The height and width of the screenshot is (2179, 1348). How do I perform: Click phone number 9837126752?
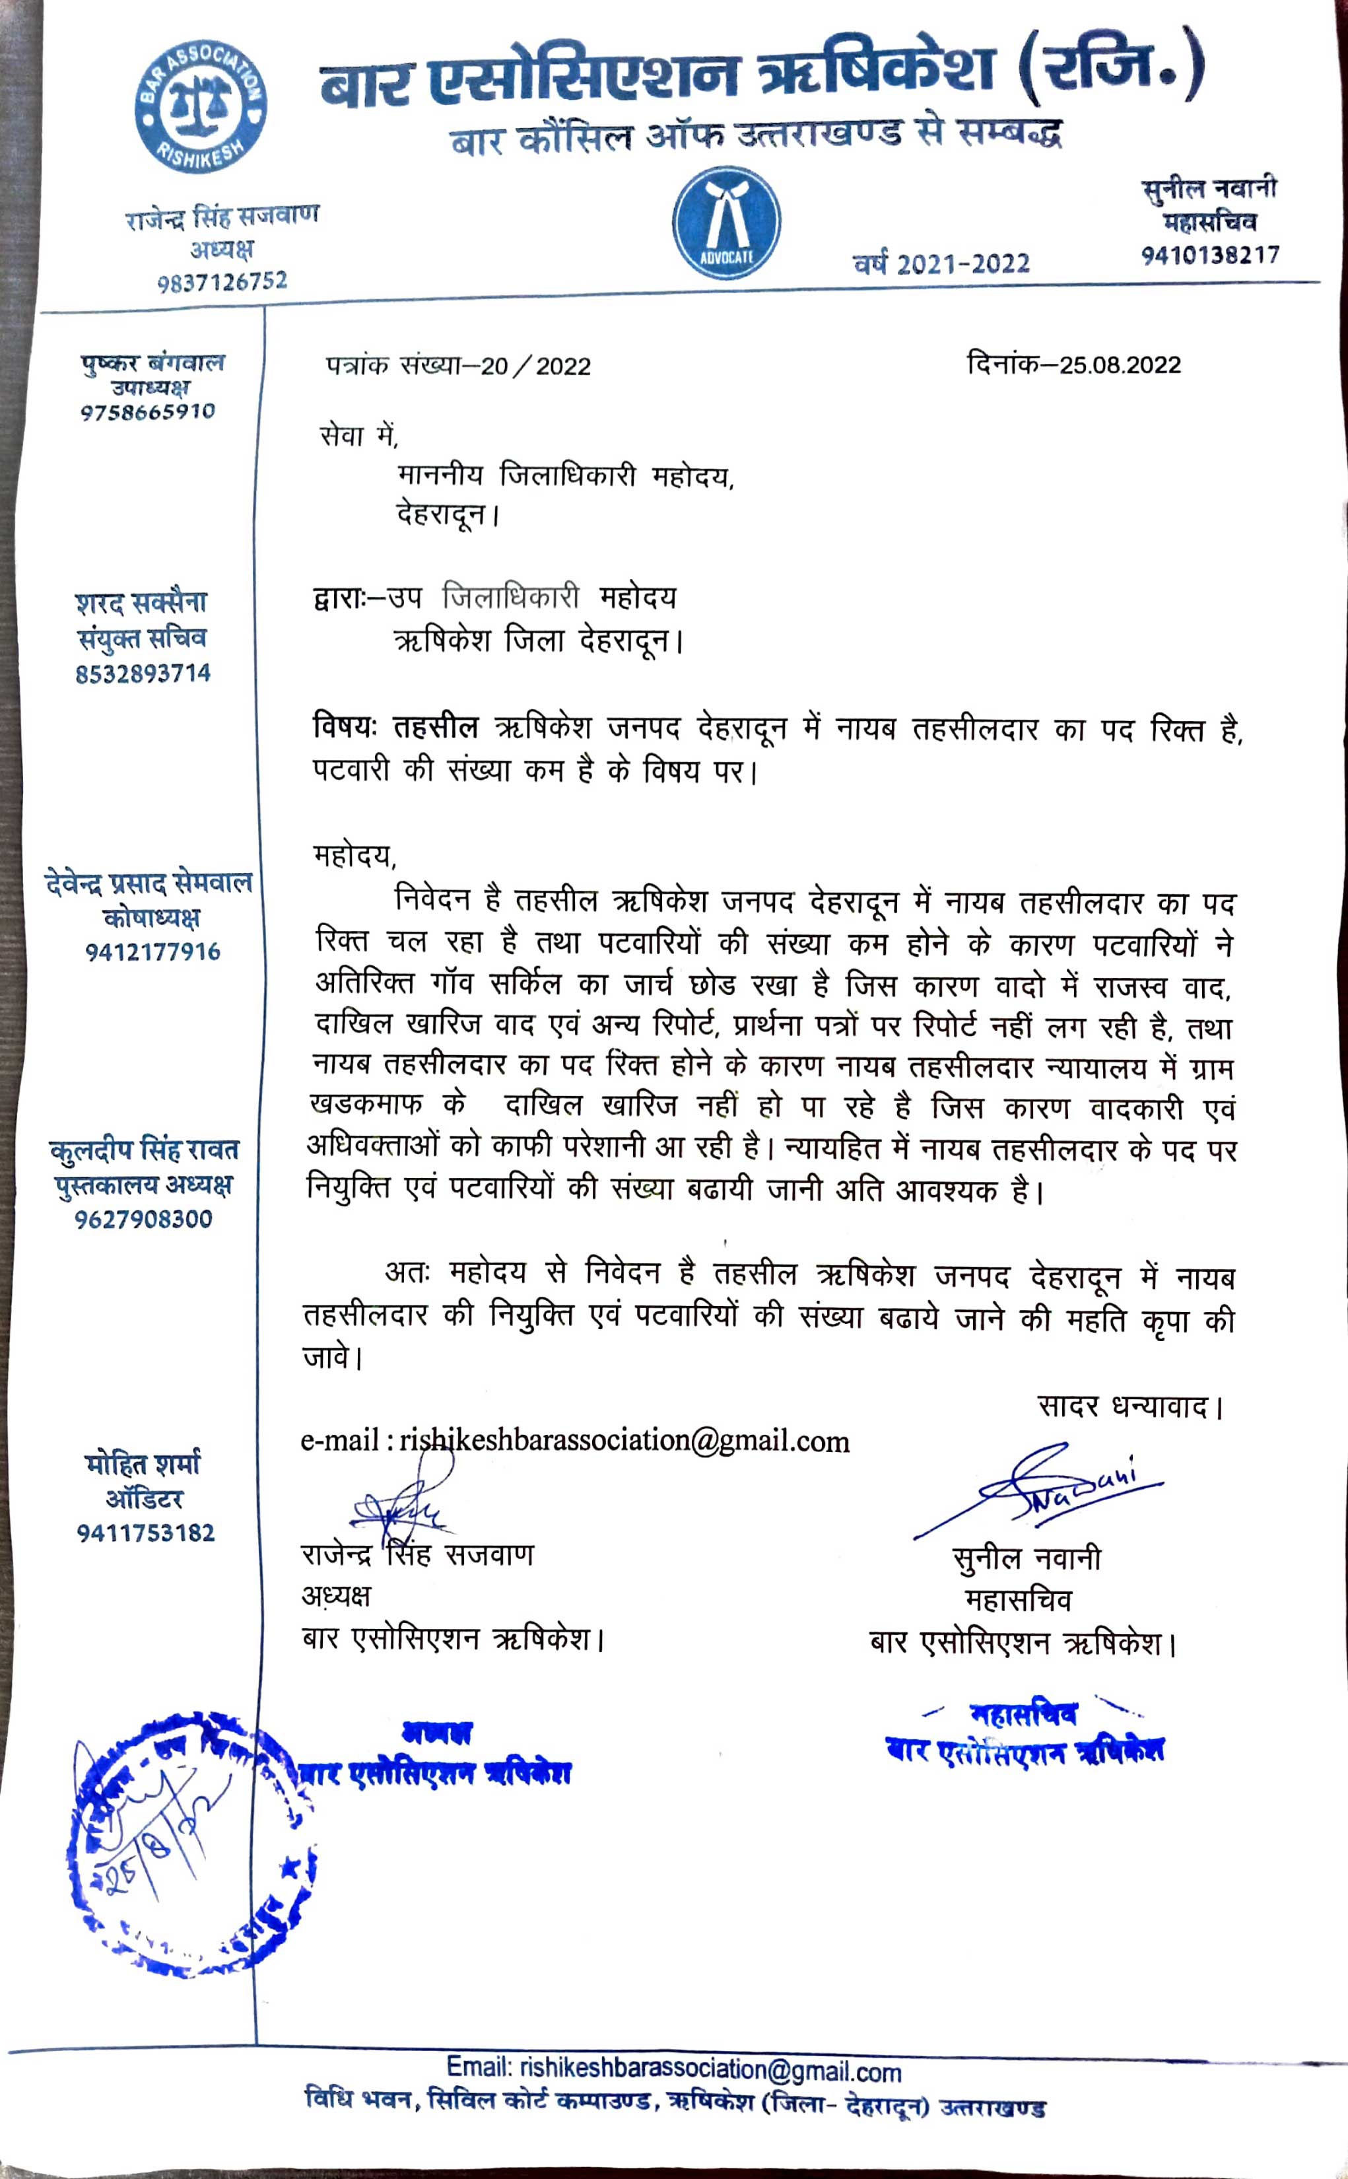(x=222, y=282)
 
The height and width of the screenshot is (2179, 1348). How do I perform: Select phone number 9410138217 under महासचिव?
(x=1210, y=255)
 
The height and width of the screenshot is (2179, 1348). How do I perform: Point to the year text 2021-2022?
(x=963, y=264)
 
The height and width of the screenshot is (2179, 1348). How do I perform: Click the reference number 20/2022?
(x=535, y=366)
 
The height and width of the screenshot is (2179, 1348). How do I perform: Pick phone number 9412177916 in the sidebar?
(x=152, y=952)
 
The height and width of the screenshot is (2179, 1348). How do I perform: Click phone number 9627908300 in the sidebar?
(x=143, y=1219)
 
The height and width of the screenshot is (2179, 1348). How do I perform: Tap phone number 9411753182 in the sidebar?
(x=145, y=1533)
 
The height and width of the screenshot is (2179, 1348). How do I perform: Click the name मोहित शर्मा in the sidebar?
(x=143, y=1464)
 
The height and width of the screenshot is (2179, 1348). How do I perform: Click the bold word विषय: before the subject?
(x=346, y=728)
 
